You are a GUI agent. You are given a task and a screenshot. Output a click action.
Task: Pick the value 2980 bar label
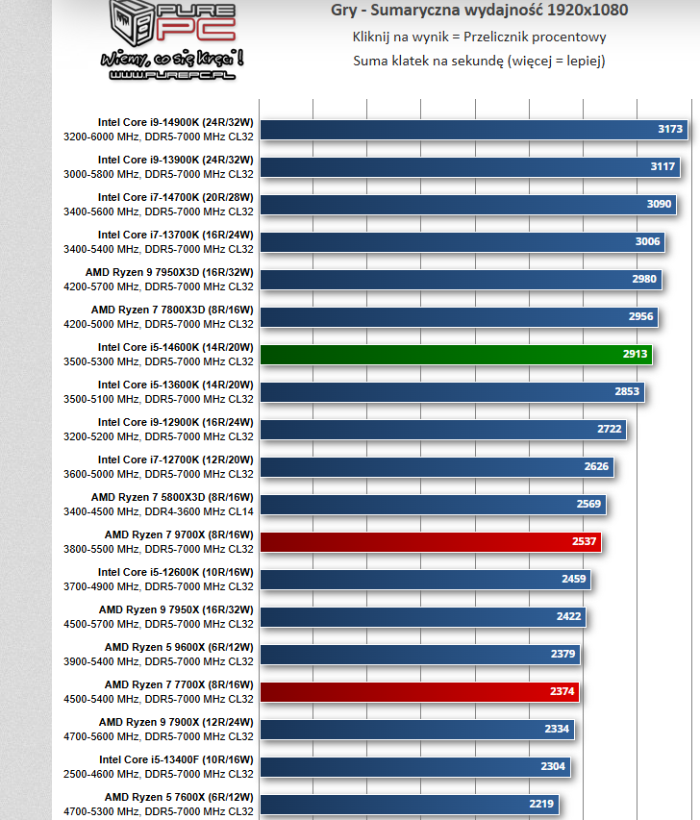pos(644,279)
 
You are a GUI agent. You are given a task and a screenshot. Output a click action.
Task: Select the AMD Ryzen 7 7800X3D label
pos(172,310)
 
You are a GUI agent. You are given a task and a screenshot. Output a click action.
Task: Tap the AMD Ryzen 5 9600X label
pos(178,647)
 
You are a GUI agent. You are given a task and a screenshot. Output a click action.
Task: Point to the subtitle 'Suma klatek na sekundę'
pos(479,61)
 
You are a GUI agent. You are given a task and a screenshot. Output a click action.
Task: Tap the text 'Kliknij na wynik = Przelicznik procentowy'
pos(479,37)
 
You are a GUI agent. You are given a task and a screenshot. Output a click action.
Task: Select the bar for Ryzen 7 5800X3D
pos(433,504)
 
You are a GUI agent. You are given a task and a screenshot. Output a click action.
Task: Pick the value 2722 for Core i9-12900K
pos(607,429)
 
